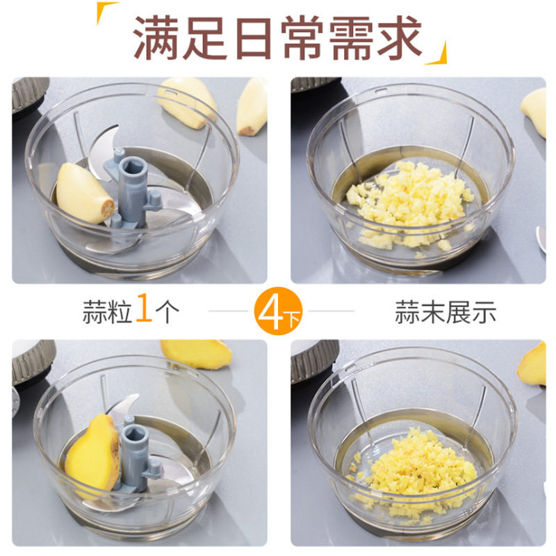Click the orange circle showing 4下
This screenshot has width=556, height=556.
278,311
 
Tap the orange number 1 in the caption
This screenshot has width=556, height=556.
144,307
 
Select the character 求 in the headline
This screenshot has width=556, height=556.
400,38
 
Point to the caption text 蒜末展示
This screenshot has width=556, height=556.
445,311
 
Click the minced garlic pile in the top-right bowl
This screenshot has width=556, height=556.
411,204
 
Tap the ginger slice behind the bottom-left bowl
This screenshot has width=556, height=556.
196,353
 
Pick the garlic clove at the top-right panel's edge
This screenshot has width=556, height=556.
534,112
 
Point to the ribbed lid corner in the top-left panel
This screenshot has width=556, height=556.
29,93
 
